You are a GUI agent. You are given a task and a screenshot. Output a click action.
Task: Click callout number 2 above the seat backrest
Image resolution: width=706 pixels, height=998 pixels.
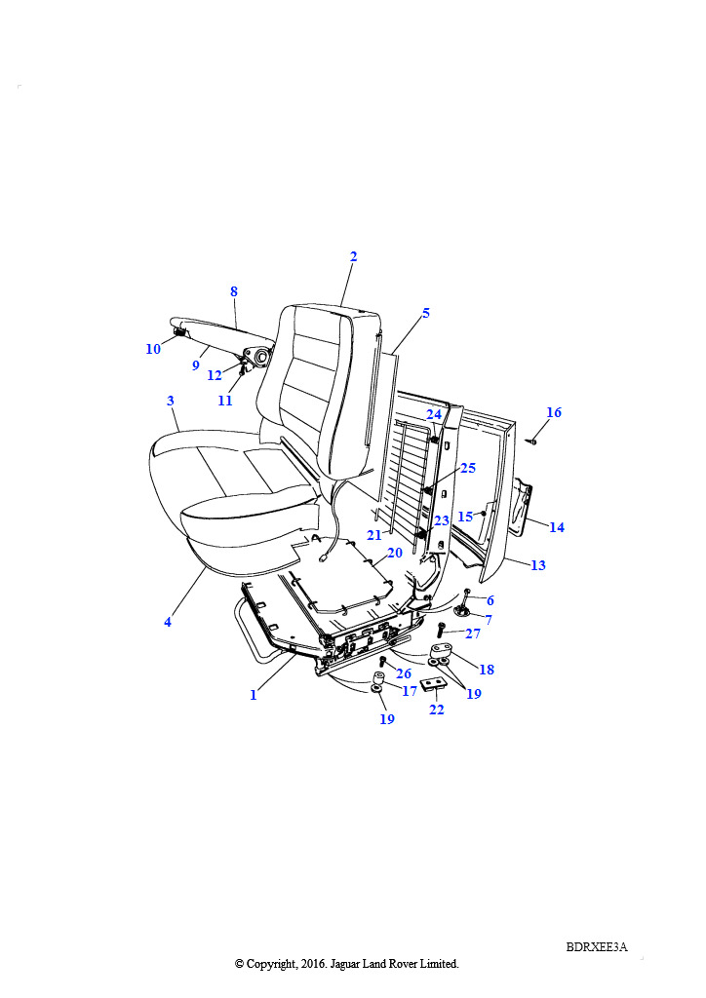pos(353,256)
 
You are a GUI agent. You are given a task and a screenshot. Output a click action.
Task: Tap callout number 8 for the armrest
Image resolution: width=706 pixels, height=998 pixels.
pos(234,291)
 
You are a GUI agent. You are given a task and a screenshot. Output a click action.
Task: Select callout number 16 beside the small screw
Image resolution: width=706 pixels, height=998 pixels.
pos(554,413)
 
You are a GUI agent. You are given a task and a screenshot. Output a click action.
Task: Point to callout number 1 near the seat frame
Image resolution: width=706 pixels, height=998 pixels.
pos(254,695)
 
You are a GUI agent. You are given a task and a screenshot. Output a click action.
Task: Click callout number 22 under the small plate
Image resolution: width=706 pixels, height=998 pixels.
pos(437,710)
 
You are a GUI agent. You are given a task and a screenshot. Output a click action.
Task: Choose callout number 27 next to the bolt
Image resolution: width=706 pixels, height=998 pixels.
pos(473,633)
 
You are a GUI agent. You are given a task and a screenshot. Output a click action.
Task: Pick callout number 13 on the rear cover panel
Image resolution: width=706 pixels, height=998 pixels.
pos(538,565)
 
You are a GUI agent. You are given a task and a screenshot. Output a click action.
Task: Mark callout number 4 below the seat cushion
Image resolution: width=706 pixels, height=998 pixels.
pos(168,622)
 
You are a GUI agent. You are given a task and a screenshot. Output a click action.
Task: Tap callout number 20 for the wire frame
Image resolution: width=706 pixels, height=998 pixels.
pos(395,553)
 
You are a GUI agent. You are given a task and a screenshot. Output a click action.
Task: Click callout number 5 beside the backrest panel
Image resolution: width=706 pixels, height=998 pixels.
pos(425,314)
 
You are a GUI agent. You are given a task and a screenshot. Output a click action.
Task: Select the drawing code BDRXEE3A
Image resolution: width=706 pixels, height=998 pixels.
pos(596,946)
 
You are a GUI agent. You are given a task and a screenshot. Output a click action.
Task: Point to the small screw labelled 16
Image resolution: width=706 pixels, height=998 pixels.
pos(533,441)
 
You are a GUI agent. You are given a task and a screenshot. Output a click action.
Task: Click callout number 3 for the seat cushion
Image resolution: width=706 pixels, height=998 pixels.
pos(171,401)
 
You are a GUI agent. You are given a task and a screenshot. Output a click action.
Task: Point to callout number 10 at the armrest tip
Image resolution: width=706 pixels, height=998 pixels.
pos(153,349)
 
